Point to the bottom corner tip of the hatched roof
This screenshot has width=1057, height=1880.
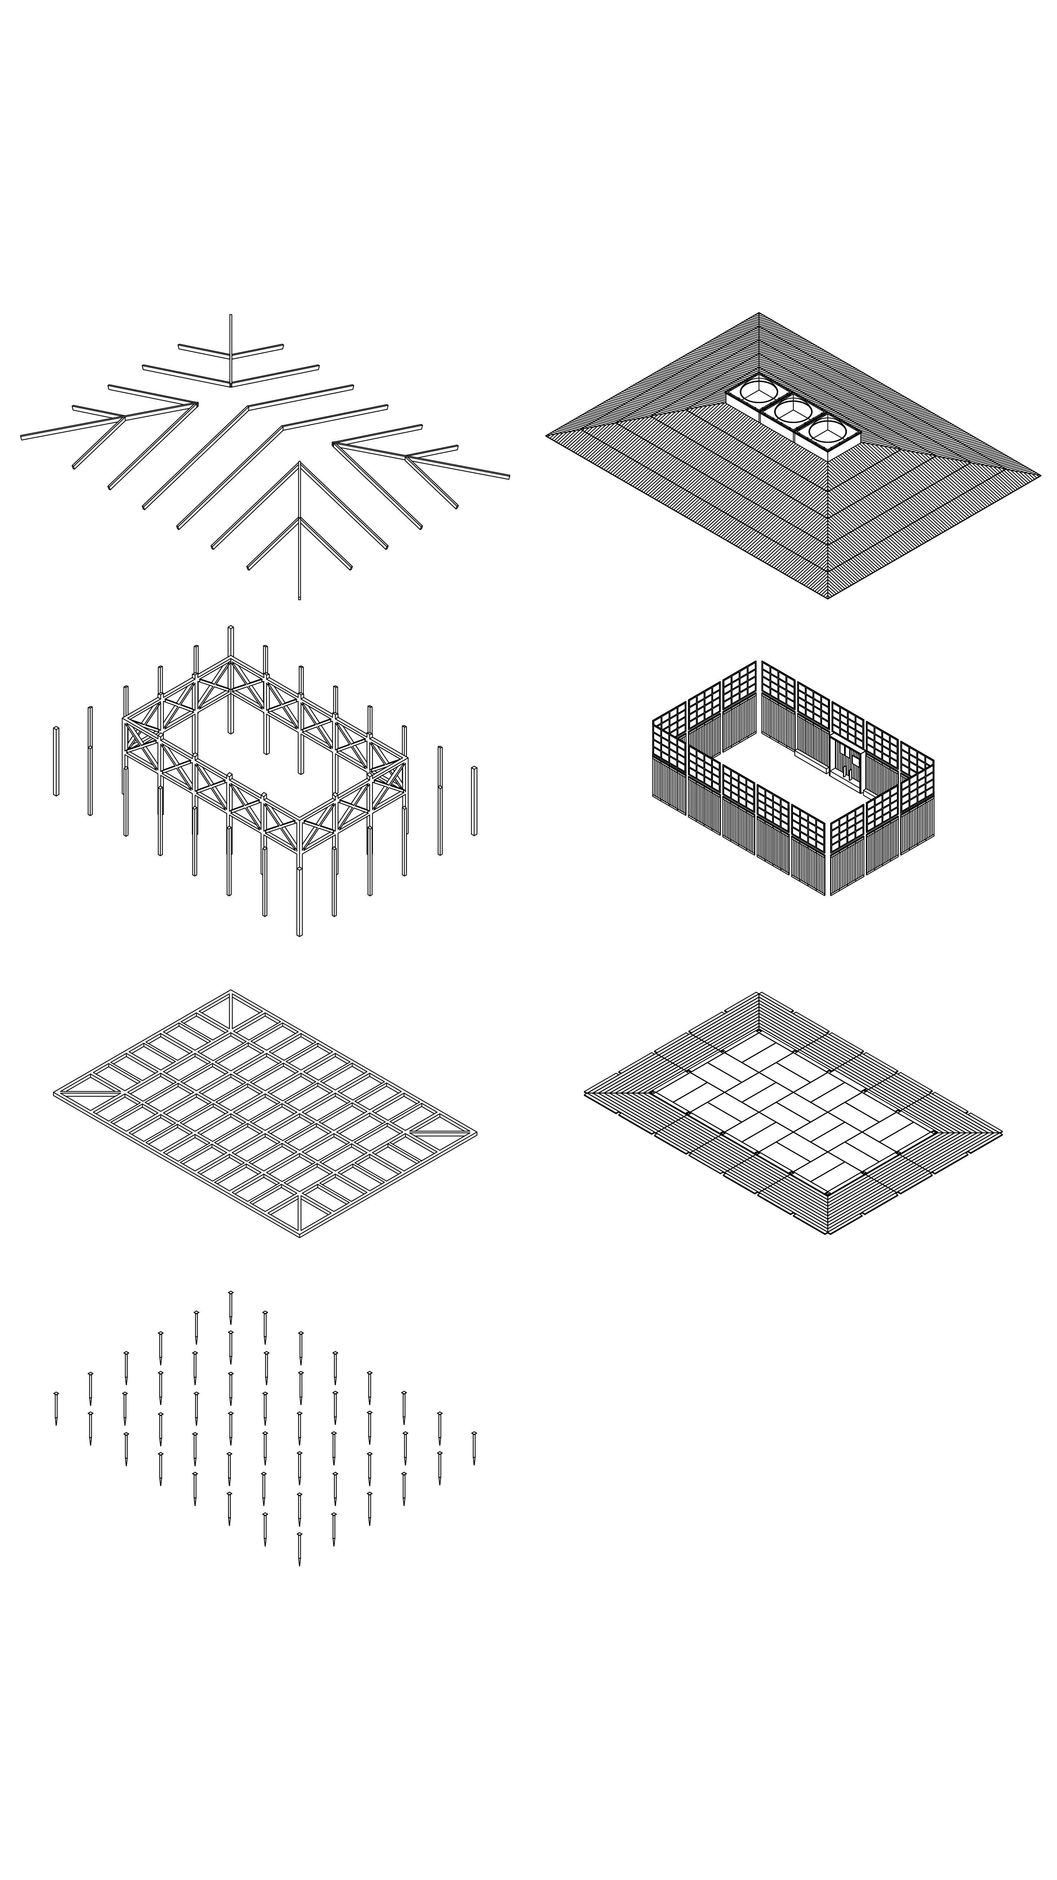pos(827,597)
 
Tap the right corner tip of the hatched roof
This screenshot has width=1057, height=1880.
pos(1039,475)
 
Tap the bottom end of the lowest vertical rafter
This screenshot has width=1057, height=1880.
pos(299,598)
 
